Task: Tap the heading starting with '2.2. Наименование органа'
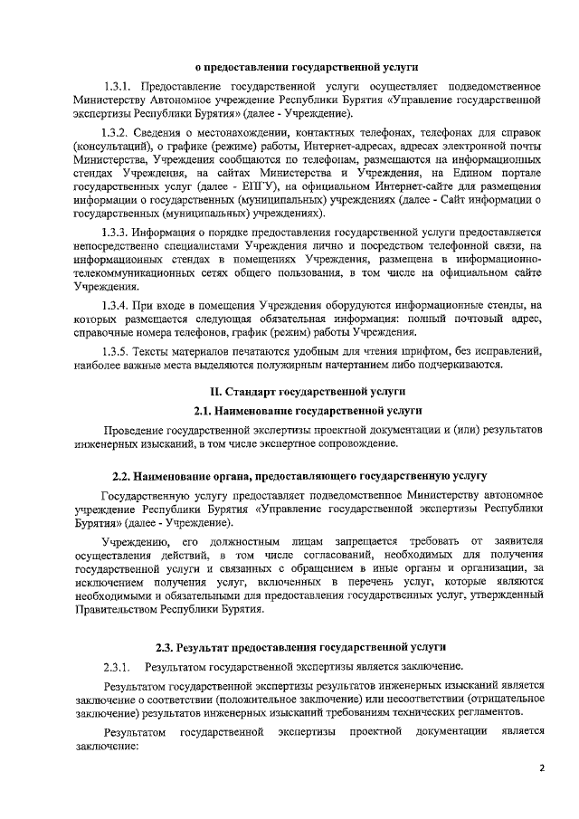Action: (x=299, y=475)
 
